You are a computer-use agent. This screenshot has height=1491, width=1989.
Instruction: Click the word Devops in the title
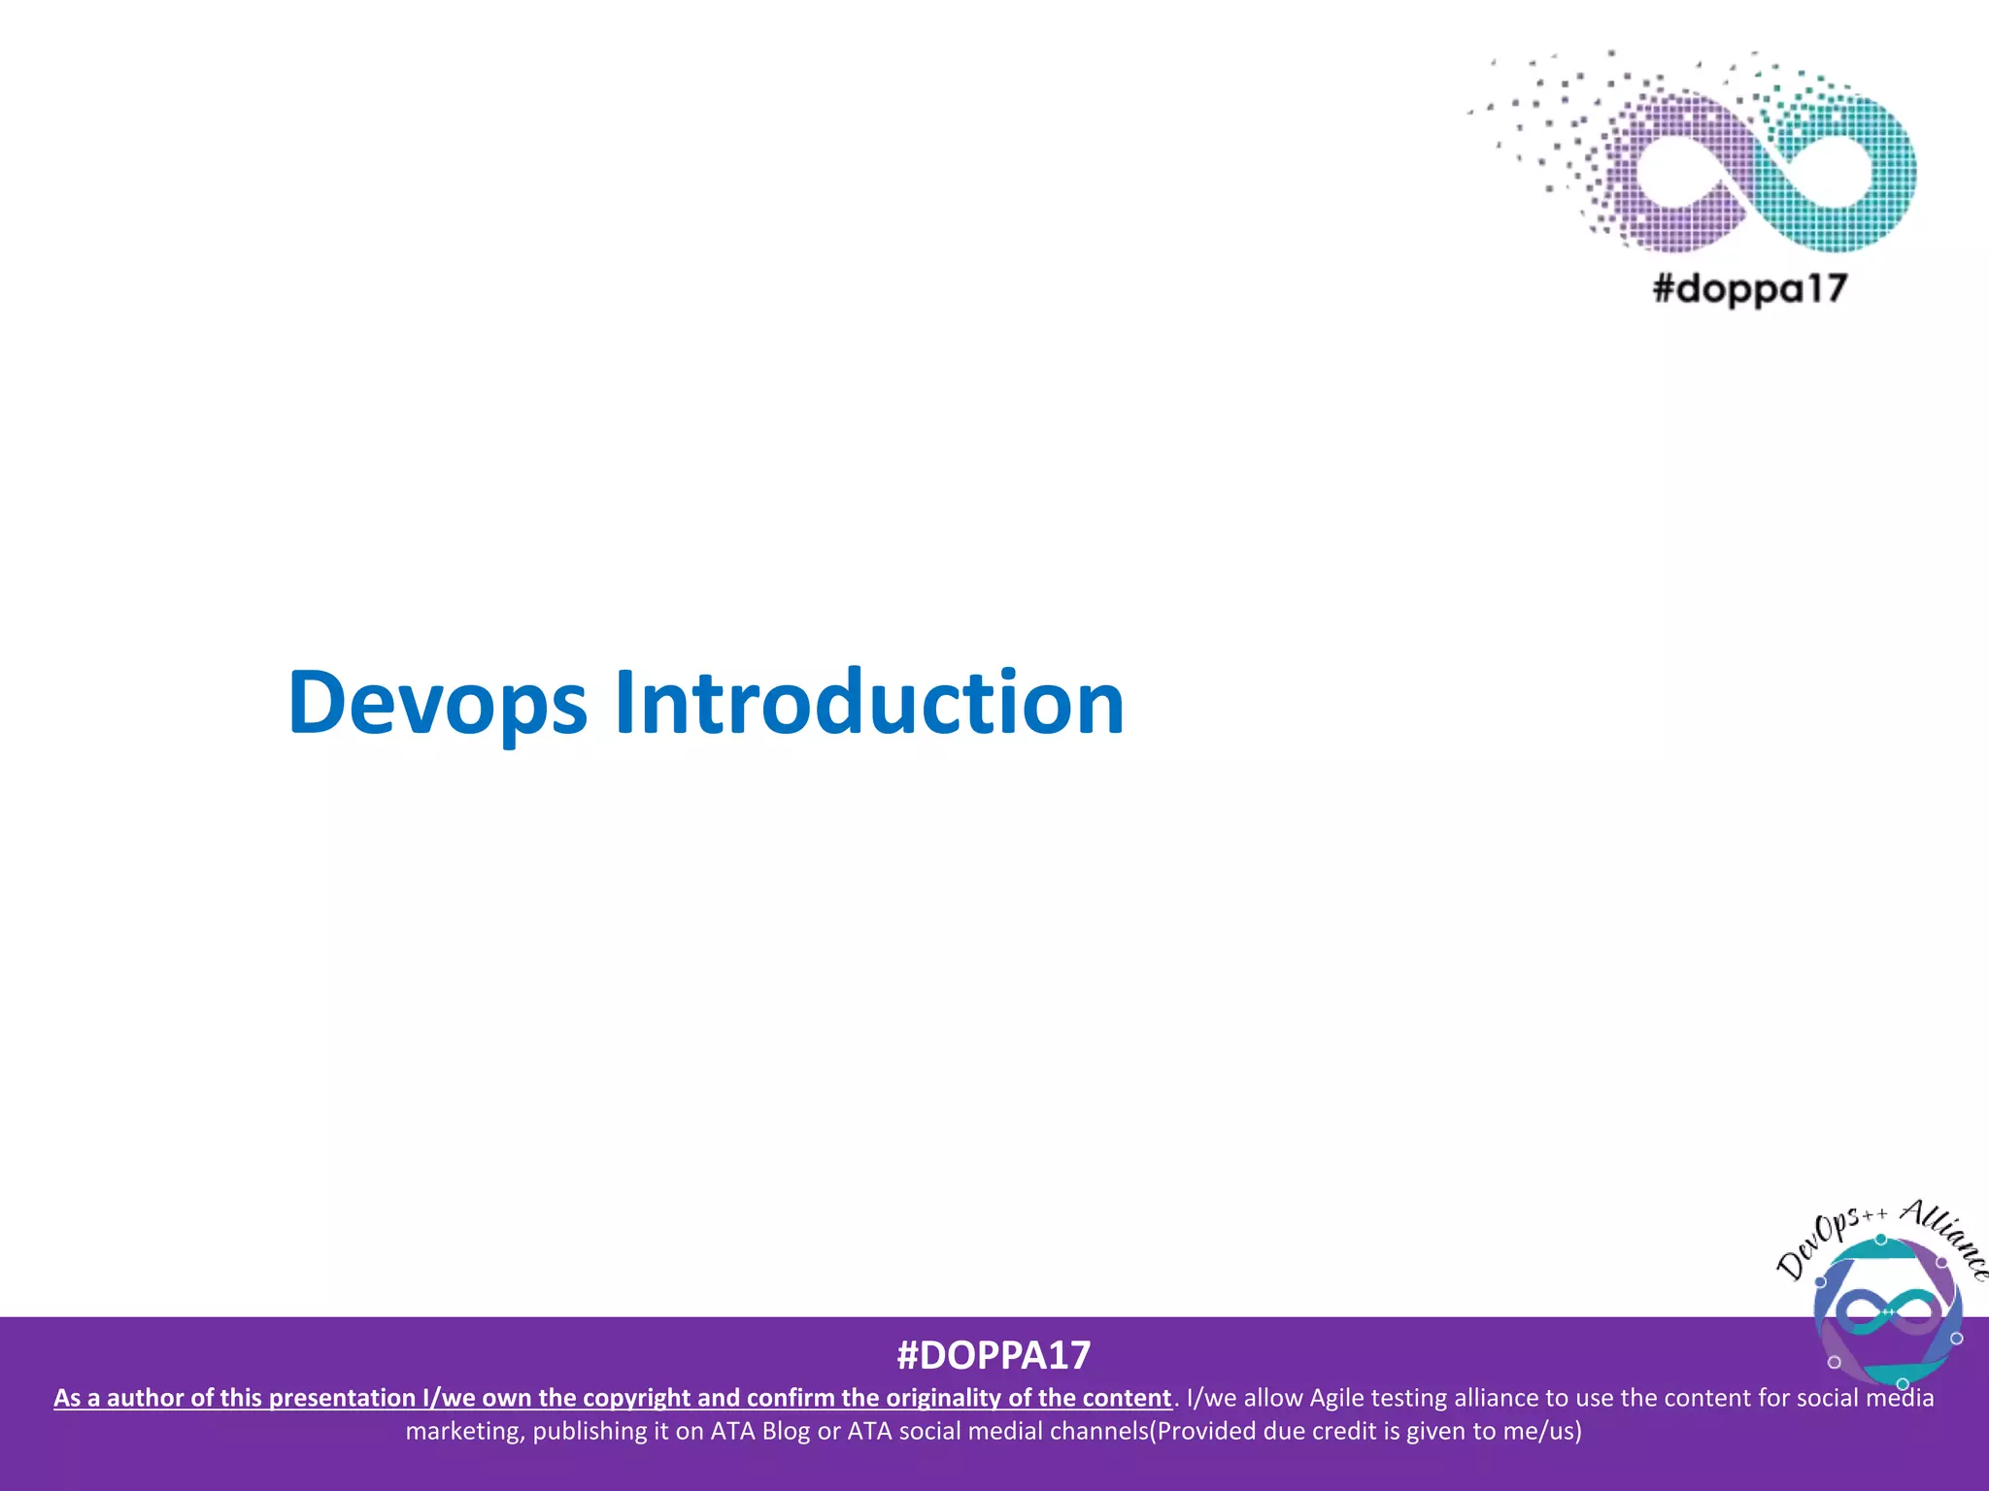[x=437, y=703]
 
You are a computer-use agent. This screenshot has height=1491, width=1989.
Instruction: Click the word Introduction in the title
[x=869, y=703]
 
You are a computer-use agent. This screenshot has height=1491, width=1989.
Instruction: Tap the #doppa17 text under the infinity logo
[x=1749, y=288]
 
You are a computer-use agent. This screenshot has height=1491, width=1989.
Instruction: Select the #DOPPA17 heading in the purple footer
[x=994, y=1355]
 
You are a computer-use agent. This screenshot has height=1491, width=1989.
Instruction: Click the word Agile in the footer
[x=1337, y=1398]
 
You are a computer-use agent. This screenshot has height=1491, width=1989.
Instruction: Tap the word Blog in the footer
[x=786, y=1431]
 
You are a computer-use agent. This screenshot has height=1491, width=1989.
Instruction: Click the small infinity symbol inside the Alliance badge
[x=1888, y=1311]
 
